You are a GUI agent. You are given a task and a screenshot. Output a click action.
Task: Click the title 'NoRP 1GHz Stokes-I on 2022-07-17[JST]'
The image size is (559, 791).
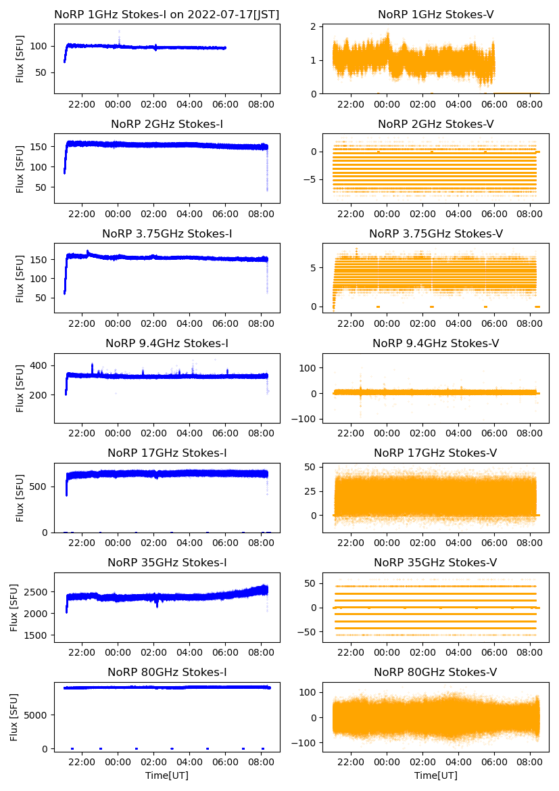pos(167,14)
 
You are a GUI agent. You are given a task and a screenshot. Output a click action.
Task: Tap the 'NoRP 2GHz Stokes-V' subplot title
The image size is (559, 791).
pos(435,124)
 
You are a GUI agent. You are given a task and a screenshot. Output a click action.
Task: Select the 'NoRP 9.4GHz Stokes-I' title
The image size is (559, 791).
pos(167,343)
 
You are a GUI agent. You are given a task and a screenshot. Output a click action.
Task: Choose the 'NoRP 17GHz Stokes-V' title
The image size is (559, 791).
pos(435,453)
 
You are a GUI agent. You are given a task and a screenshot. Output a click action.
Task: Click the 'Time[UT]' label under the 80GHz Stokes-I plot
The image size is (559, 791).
pos(167,775)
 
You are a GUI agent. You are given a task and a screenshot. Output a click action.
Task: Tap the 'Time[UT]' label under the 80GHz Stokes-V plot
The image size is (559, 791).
pos(435,775)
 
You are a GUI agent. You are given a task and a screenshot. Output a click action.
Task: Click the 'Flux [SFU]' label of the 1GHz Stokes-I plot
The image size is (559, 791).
pos(20,61)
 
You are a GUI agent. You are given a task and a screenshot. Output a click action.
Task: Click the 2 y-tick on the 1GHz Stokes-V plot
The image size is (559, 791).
pos(314,26)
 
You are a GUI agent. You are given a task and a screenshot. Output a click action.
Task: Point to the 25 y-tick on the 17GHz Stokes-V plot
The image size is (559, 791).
pos(310,491)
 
